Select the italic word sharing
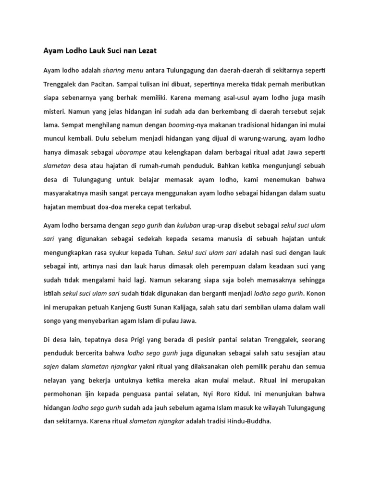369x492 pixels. pos(114,70)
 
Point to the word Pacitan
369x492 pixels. pos(101,84)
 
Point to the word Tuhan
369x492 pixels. pos(163,252)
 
